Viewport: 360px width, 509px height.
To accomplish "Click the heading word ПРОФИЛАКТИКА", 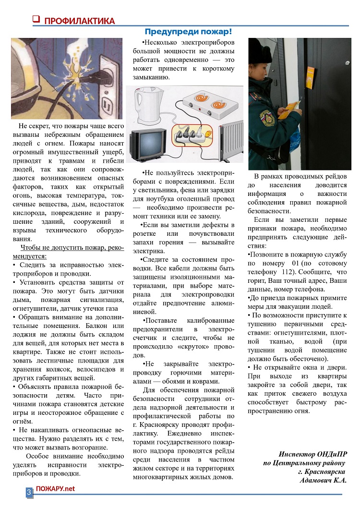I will point(79,21).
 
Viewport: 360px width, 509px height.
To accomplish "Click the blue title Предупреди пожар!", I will point(188,32).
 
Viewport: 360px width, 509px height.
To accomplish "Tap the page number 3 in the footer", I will point(29,492).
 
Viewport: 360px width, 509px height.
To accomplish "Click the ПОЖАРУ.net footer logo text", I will point(56,488).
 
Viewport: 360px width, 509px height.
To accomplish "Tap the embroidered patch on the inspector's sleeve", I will point(266,117).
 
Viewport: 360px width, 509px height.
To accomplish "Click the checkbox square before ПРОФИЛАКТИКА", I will point(36,20).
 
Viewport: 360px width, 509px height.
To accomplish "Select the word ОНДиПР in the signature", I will point(330,454).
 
